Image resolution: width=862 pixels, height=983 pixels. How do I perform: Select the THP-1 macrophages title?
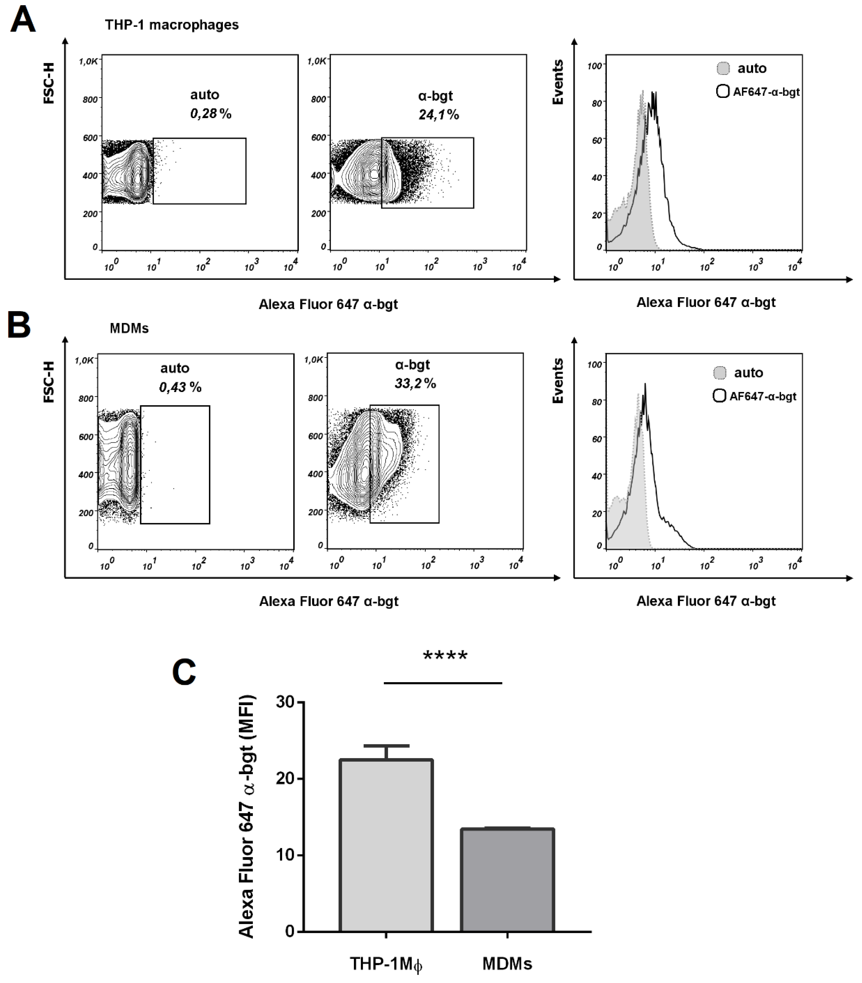[172, 25]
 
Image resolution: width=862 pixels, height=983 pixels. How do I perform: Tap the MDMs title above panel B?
[129, 329]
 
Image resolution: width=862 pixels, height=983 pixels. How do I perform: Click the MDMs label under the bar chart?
[508, 964]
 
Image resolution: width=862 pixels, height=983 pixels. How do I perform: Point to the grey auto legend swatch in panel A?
[722, 68]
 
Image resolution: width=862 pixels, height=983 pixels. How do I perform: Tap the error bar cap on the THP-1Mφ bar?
[386, 746]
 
